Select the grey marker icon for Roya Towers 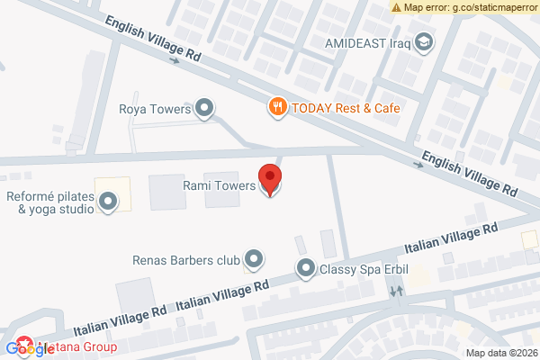point(205,110)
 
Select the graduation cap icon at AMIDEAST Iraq point(422,42)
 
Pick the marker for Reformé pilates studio point(108,202)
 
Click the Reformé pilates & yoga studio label point(49,202)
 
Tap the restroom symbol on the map point(397,292)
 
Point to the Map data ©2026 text point(500,352)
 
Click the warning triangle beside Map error point(396,7)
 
